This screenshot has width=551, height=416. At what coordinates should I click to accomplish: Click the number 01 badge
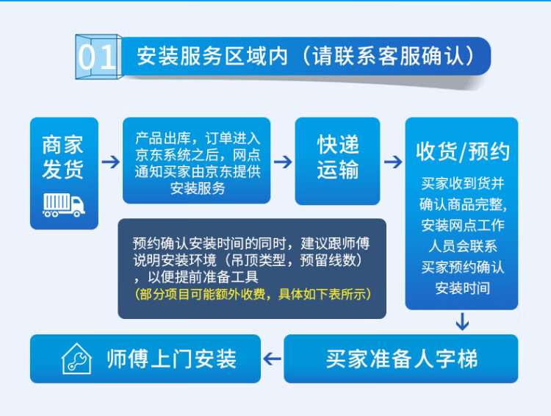pos(98,57)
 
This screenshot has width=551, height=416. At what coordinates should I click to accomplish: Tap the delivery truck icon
pos(64,205)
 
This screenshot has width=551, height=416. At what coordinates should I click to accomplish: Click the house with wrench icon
pos(76,359)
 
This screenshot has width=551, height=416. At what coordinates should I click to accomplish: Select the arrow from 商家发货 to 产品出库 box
pos(111,162)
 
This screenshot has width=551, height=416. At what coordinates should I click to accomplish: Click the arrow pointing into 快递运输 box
pos(283,162)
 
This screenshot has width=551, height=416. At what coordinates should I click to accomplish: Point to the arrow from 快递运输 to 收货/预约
pos(393,162)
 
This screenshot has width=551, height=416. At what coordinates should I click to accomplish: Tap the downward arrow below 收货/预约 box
pos(462,321)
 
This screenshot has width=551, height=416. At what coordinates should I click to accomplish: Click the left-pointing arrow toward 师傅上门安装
pos(272,359)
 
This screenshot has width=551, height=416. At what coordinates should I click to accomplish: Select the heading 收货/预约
pos(462,152)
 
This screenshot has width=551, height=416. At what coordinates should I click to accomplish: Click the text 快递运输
pos(338,157)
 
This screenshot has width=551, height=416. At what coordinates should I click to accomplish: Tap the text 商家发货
pos(63,157)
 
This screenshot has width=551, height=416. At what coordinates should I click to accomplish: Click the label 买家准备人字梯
pos(402,359)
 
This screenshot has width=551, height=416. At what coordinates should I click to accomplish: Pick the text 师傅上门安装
pos(171,359)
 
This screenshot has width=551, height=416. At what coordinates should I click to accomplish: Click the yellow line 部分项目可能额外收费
pos(253,294)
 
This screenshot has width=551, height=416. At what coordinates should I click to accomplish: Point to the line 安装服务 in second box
pos(198,188)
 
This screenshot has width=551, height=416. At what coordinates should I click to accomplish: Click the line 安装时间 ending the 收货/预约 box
pos(462,288)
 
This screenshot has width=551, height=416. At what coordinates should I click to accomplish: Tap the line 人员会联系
pos(462,246)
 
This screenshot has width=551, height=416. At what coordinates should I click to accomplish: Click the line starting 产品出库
pos(198,138)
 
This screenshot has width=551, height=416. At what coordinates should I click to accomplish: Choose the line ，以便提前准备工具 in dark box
pos(195,277)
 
